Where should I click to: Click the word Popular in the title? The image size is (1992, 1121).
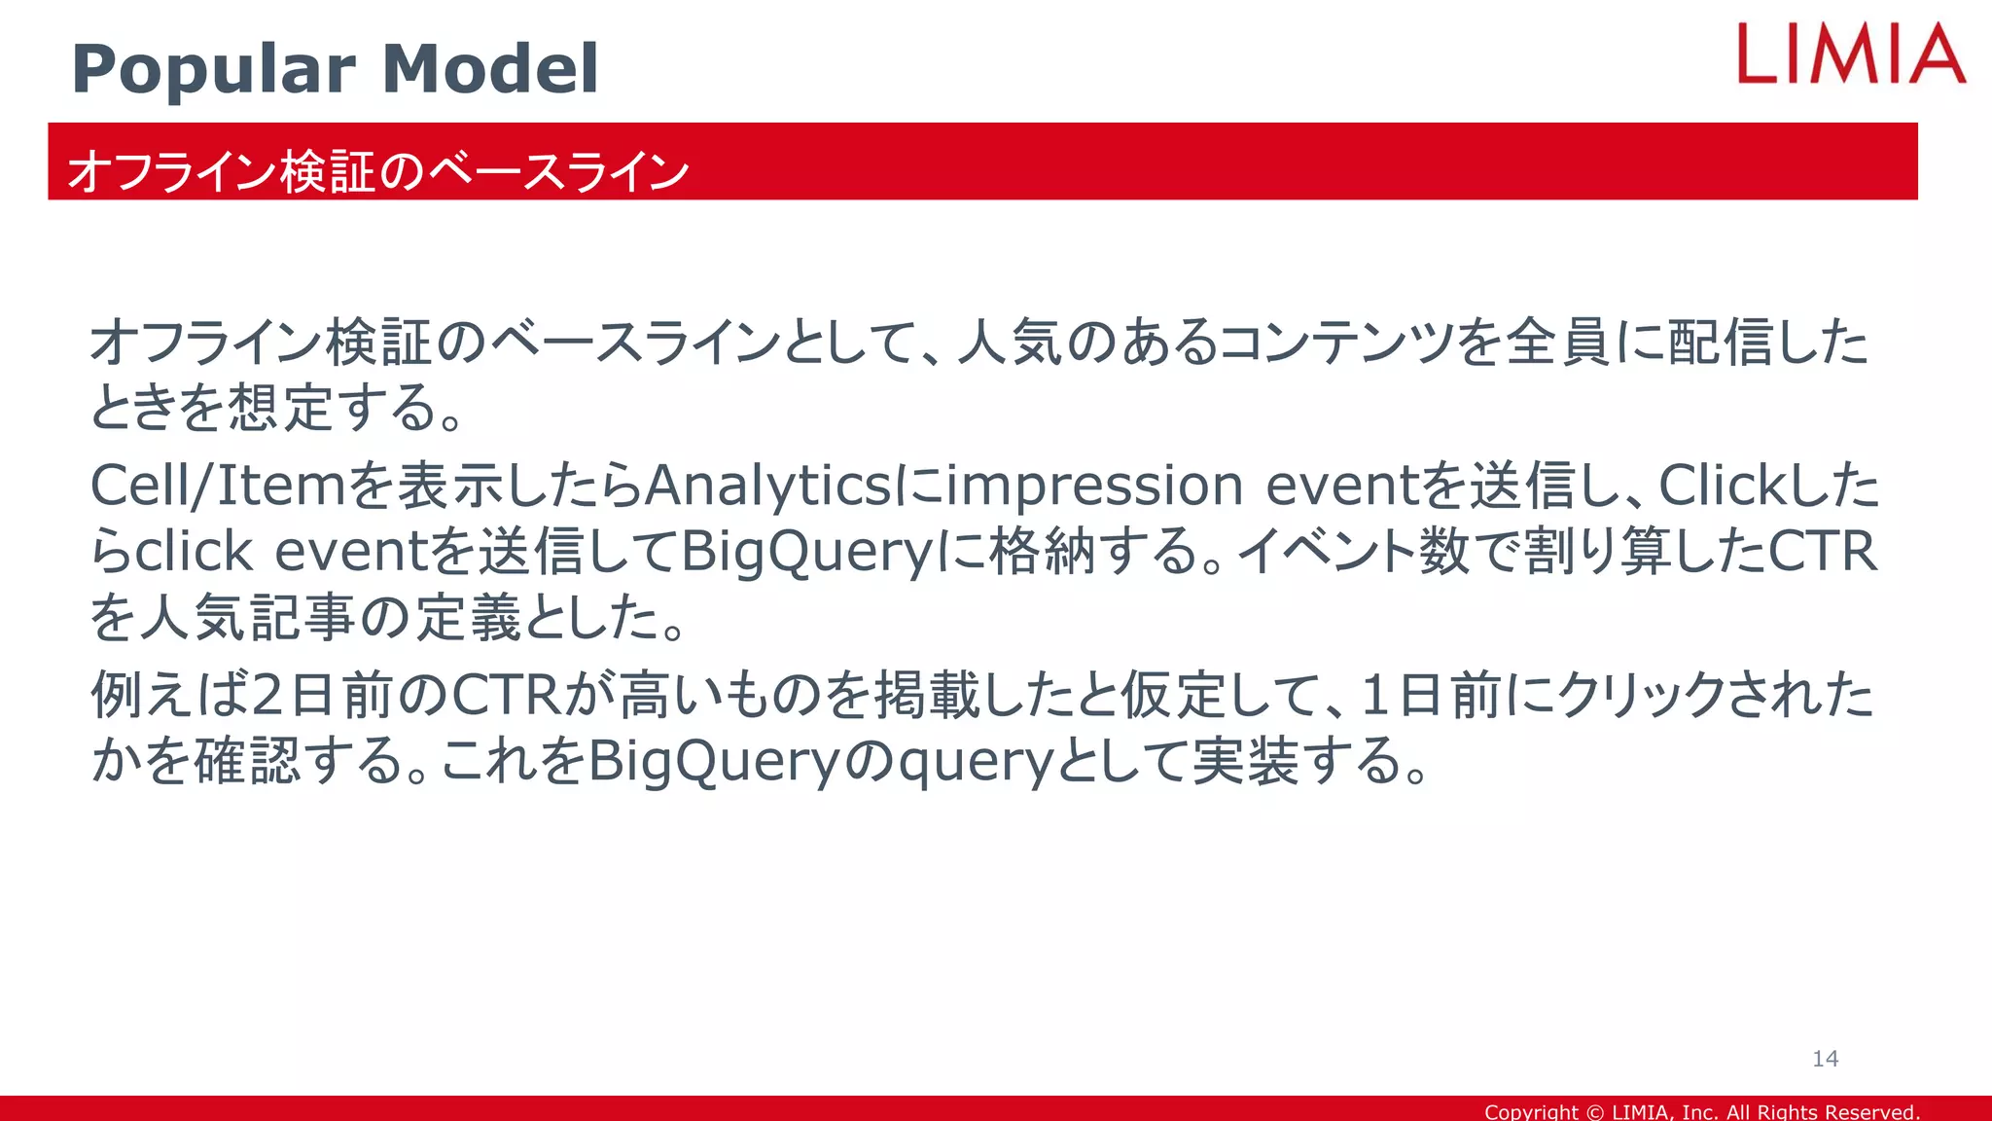pyautogui.click(x=214, y=70)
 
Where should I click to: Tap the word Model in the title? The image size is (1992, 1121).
pyautogui.click(x=490, y=70)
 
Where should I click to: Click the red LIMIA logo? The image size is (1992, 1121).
pyautogui.click(x=1851, y=54)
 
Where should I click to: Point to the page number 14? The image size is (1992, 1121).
pyautogui.click(x=1825, y=1059)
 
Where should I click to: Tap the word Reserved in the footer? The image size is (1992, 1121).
pyautogui.click(x=1873, y=1111)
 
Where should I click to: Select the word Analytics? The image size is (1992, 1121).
pyautogui.click(x=766, y=485)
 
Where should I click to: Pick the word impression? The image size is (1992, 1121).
pyautogui.click(x=1094, y=485)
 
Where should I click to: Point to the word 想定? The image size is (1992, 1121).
pyautogui.click(x=281, y=407)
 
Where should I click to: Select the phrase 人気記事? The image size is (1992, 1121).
pyautogui.click(x=248, y=617)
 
